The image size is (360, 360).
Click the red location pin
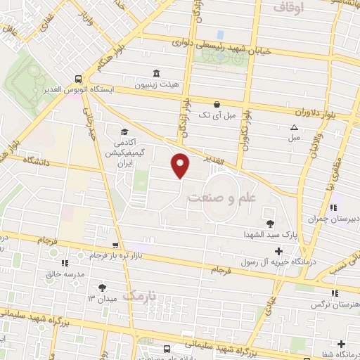(x=181, y=165)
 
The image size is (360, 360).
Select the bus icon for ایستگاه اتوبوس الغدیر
(x=78, y=79)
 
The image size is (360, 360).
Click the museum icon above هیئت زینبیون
(x=155, y=72)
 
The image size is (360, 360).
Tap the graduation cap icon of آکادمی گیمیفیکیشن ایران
(x=124, y=131)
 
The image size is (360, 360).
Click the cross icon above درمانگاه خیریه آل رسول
(x=278, y=251)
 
